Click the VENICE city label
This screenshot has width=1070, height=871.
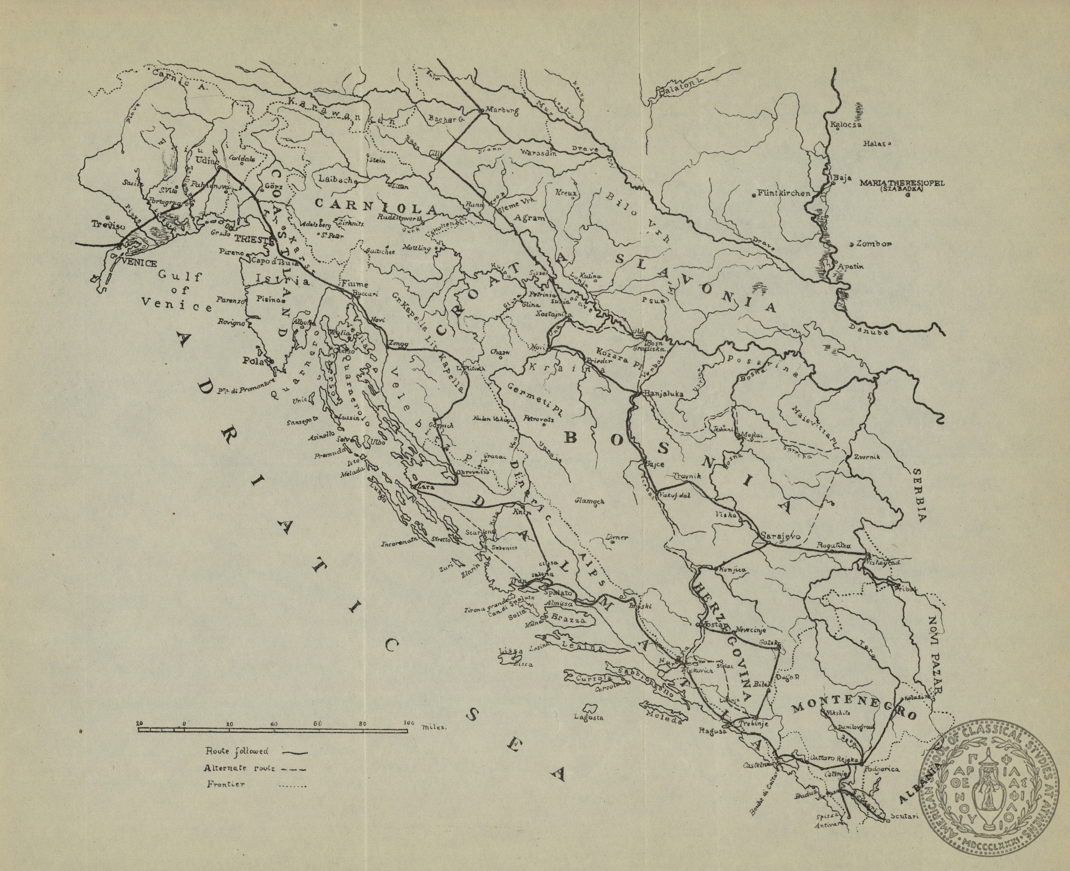(x=140, y=264)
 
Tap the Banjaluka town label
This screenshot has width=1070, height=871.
(x=664, y=393)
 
